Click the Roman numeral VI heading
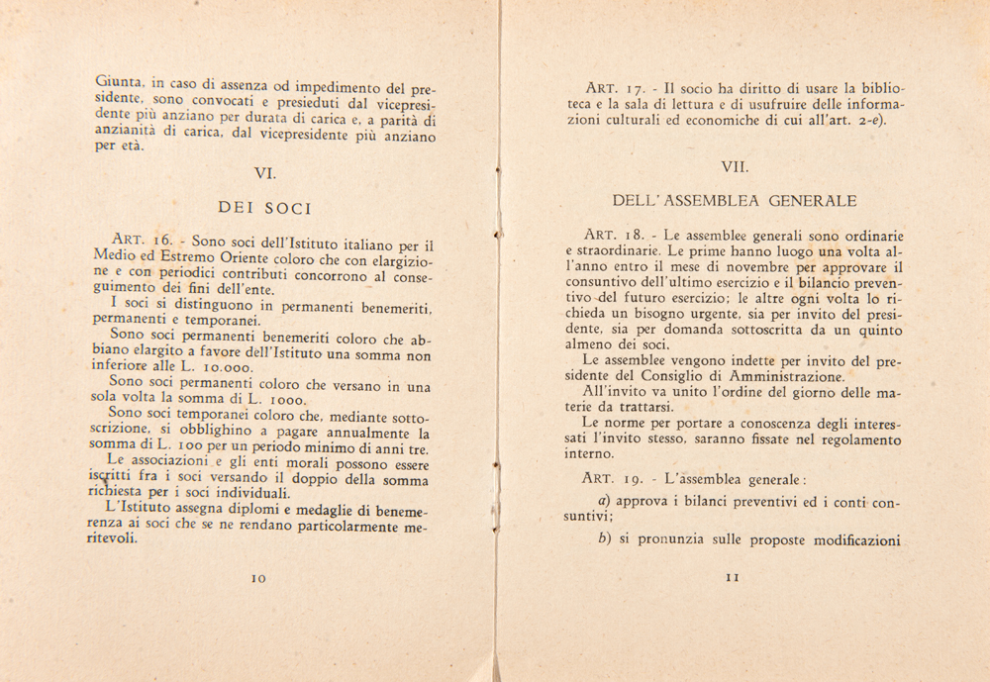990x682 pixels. (264, 173)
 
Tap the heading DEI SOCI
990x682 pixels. (264, 209)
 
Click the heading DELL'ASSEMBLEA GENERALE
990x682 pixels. (735, 201)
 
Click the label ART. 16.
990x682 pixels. (144, 240)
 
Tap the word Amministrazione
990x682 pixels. (783, 376)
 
